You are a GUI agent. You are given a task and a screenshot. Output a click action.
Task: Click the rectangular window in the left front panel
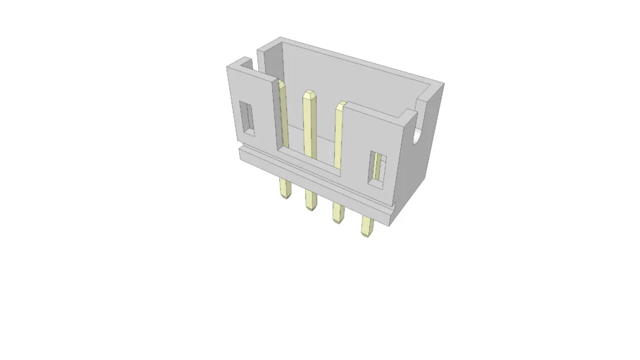click(x=248, y=117)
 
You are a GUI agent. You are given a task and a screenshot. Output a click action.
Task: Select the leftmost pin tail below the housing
click(x=285, y=188)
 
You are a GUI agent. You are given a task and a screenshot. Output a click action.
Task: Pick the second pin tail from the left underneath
click(x=310, y=201)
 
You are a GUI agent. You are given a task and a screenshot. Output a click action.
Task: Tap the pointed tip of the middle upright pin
click(x=308, y=94)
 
